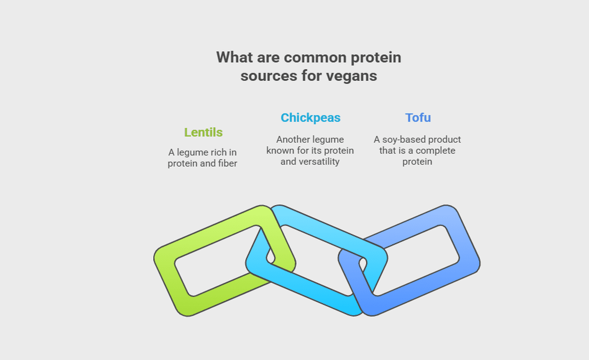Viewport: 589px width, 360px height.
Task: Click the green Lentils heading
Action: [203, 132]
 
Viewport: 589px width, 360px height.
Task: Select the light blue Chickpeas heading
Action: [310, 118]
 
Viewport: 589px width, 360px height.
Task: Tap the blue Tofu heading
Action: [418, 118]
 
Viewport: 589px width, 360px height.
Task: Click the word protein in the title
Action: [375, 57]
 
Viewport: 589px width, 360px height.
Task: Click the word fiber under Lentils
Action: [226, 164]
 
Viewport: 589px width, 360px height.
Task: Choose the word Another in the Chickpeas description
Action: [296, 140]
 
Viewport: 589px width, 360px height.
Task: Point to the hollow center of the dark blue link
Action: [414, 258]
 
